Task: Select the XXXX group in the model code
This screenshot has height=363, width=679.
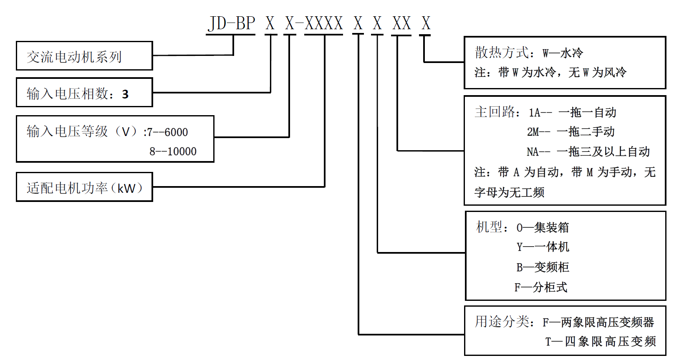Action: coord(324,23)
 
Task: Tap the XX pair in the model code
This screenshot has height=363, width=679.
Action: coord(401,23)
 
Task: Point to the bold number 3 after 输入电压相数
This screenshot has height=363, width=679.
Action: coord(125,94)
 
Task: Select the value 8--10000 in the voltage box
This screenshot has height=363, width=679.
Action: coord(173,151)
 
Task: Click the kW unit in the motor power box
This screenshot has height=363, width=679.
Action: coord(126,188)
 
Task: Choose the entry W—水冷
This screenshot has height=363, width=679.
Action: coord(563,53)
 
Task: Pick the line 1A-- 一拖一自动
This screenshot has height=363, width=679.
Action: coord(572,112)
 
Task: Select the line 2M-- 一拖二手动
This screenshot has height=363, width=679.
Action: coord(570,132)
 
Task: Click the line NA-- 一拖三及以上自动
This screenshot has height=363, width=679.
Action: coord(588,151)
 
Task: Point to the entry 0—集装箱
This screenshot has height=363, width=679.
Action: coord(543,227)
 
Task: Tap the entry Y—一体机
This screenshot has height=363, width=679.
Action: coord(543,247)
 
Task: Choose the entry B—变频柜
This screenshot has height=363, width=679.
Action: coord(543,267)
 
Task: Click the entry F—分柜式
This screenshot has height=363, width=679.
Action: coord(540,287)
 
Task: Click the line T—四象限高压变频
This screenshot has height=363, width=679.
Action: coord(600,341)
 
